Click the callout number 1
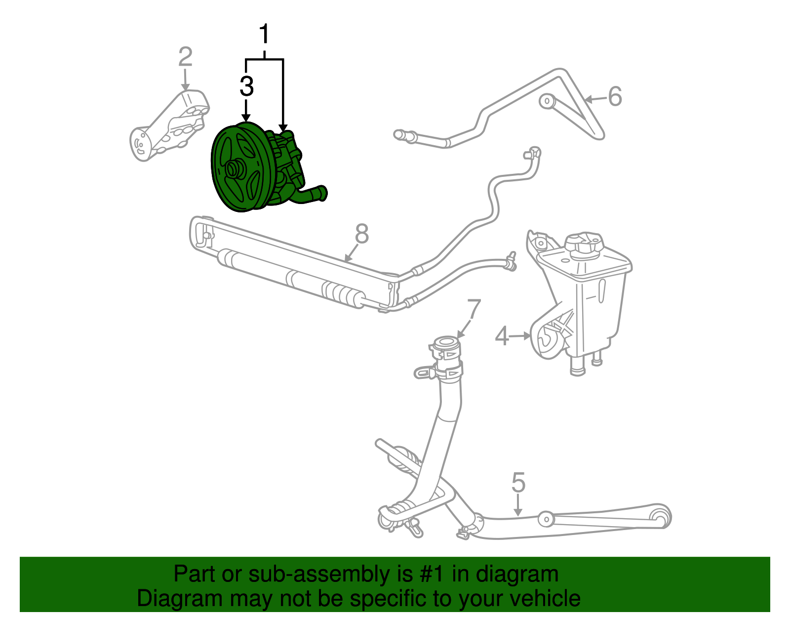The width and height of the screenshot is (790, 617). tap(265, 35)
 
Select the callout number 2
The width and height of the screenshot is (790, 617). tap(185, 57)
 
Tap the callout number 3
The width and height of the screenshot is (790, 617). tap(246, 86)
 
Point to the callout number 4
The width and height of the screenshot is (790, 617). tap(502, 336)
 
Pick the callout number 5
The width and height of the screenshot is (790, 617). tap(518, 482)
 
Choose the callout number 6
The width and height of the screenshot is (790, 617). tap(615, 96)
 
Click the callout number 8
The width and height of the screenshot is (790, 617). tap(362, 234)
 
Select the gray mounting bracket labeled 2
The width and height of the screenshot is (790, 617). tap(170, 126)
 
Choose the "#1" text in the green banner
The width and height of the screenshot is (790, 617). tap(433, 574)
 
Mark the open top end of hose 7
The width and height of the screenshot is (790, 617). tap(446, 341)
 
